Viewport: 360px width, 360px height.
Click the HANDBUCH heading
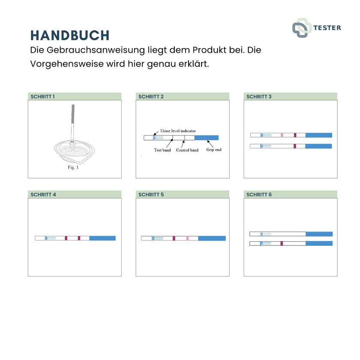click(70, 35)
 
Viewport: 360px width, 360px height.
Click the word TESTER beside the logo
click(327, 28)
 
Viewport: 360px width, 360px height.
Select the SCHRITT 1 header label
click(42, 97)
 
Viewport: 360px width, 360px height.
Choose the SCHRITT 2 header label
click(151, 97)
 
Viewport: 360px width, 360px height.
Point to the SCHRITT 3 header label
click(259, 97)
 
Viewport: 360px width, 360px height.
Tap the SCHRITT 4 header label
click(43, 195)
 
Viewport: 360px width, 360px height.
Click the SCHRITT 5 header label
click(151, 195)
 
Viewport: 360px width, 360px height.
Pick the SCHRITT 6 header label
click(259, 195)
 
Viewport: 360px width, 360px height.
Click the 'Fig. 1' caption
click(73, 168)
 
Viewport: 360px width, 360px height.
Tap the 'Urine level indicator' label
click(178, 131)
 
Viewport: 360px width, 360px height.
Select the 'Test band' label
click(162, 150)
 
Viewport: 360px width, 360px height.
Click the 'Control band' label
click(187, 150)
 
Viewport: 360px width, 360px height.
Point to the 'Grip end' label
click(214, 150)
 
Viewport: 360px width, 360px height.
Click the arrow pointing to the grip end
click(210, 144)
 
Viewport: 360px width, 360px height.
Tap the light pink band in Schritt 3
click(282, 135)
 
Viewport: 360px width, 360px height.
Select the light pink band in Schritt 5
click(188, 238)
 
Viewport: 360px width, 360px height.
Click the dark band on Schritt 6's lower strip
click(282, 243)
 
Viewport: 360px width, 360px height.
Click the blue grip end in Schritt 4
click(102, 238)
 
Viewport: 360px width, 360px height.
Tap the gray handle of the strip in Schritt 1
click(73, 114)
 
